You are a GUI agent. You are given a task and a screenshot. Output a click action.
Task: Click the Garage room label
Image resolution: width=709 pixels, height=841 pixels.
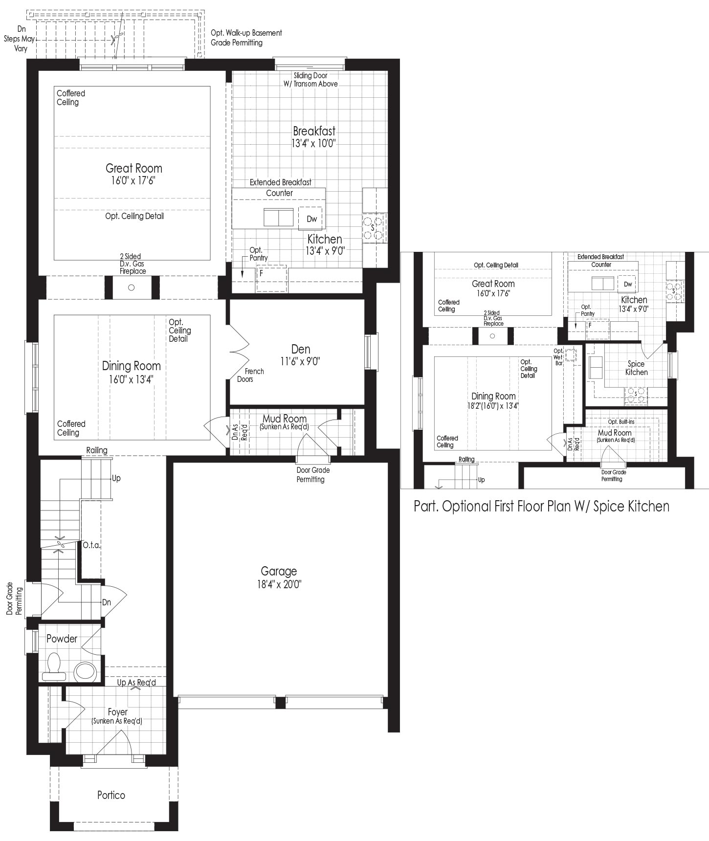tap(279, 571)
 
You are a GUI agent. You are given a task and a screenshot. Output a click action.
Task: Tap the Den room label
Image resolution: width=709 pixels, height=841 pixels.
tap(301, 349)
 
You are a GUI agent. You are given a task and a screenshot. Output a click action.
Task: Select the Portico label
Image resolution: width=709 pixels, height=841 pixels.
tap(111, 795)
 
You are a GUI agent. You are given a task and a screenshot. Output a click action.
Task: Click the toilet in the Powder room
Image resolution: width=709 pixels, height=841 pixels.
tap(54, 666)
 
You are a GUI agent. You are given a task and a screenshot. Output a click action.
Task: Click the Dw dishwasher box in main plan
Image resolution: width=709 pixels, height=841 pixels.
tap(311, 219)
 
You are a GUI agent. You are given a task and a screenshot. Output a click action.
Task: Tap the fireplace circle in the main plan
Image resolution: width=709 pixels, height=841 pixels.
tap(131, 288)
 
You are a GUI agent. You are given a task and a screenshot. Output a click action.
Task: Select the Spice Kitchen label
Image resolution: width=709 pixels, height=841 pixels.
tap(636, 368)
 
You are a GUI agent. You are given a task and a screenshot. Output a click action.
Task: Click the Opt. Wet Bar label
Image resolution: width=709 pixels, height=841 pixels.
tap(558, 357)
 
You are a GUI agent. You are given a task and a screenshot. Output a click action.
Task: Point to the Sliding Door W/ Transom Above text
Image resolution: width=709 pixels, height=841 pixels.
tap(310, 80)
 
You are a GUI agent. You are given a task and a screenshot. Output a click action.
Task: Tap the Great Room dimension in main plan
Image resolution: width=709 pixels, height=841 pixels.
tap(134, 180)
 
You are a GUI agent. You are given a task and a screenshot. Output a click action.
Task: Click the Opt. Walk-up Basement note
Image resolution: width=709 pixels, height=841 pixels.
tap(246, 38)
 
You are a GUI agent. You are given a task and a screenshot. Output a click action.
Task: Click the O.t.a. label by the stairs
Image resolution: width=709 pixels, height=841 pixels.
tap(91, 545)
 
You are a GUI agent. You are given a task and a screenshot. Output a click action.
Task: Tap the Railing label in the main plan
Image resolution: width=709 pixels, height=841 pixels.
tap(97, 450)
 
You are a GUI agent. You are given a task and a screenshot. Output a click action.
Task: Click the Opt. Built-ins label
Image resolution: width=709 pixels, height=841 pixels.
tap(621, 421)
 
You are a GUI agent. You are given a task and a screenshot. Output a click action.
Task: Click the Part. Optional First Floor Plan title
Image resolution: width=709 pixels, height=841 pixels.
tap(541, 506)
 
